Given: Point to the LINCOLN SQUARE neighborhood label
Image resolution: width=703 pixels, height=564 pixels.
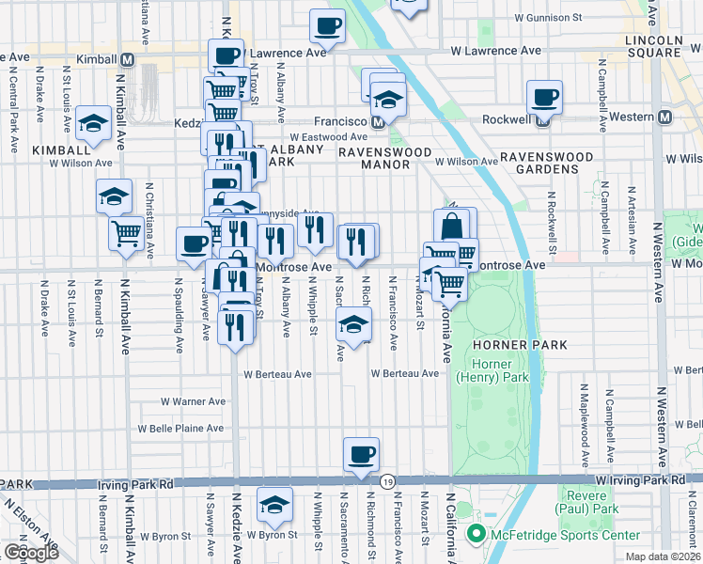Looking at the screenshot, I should (x=657, y=48).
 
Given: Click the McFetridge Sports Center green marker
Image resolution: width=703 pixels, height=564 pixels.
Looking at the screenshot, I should (x=475, y=536).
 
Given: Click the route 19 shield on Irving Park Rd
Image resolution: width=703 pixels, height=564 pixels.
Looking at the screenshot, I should (x=387, y=481).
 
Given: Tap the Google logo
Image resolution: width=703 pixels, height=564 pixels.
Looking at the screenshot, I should (x=31, y=553).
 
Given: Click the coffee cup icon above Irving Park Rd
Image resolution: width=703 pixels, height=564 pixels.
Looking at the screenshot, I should (x=361, y=455).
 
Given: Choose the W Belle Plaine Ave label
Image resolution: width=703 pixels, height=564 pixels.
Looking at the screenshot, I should (x=181, y=429).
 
